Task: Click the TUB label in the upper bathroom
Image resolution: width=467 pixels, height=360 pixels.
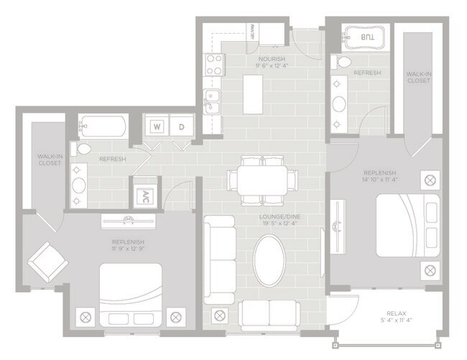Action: pos(366,37)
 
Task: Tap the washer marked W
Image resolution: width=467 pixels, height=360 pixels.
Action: pos(156,126)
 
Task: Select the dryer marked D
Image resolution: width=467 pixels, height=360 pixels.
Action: pos(181,126)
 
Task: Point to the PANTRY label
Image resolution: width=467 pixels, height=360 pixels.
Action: pos(254,33)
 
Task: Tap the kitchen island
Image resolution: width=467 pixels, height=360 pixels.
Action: pos(252,94)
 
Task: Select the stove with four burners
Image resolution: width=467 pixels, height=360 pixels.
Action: pos(213,66)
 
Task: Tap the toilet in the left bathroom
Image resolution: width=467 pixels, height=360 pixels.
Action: pos(83,149)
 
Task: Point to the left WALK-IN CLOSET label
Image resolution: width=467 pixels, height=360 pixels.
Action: pos(50,159)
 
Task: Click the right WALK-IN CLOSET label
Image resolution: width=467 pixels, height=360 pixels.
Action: pos(418,76)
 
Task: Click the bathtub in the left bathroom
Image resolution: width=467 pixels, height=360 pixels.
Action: pos(103,127)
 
